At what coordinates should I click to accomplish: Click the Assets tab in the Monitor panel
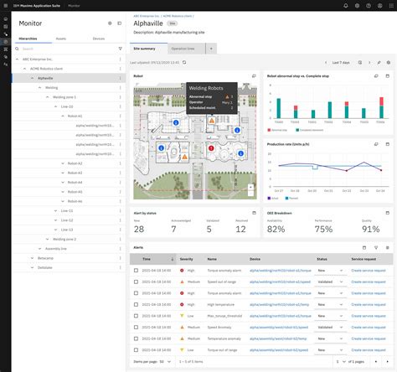pos(61,38)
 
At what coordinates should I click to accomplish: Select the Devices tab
pos(99,38)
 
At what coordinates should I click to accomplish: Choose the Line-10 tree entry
pos(67,106)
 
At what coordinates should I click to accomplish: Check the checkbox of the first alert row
pos(137,271)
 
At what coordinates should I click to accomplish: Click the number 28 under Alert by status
pos(139,229)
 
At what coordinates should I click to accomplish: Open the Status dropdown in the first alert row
pos(327,271)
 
